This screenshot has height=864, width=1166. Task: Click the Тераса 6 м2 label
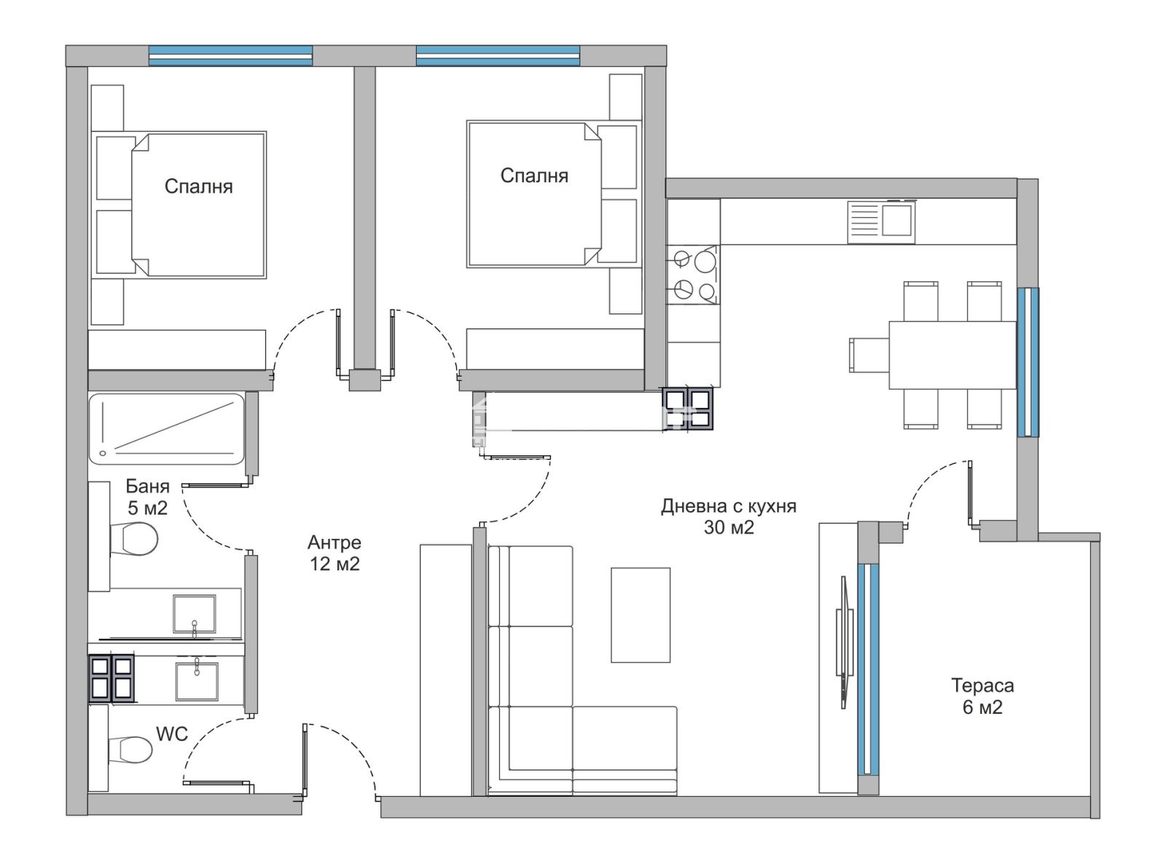click(x=982, y=697)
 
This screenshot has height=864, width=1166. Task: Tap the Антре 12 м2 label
click(x=334, y=553)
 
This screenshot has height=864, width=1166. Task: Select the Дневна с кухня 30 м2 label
click(x=729, y=517)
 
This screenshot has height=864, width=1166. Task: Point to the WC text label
click(x=172, y=734)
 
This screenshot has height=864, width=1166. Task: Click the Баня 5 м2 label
click(x=148, y=497)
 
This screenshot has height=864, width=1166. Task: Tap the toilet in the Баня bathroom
click(x=133, y=538)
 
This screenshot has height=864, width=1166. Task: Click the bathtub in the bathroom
click(x=167, y=429)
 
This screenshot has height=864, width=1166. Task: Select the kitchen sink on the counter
click(x=880, y=221)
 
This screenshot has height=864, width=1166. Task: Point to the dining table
click(x=952, y=356)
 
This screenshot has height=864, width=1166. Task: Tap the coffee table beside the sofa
click(x=641, y=615)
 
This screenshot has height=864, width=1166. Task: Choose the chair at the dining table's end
click(x=869, y=356)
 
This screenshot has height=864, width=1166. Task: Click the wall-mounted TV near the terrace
click(x=844, y=643)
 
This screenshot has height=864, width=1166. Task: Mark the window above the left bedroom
click(x=230, y=55)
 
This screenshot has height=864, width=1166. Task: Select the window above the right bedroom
click(x=498, y=55)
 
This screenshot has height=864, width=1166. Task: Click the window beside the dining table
click(x=1028, y=363)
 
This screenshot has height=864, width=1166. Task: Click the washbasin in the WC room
click(x=197, y=681)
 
